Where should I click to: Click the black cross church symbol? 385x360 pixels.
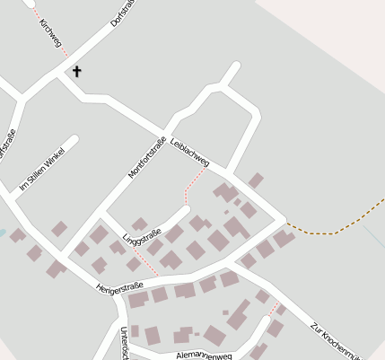[76, 71]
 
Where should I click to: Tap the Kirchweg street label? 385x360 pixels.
[50, 31]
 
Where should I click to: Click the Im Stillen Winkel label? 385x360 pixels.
[39, 168]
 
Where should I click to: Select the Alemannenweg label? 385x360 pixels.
[205, 356]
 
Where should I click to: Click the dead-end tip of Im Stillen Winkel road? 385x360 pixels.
[74, 140]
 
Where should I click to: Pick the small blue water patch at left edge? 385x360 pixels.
[3, 233]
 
